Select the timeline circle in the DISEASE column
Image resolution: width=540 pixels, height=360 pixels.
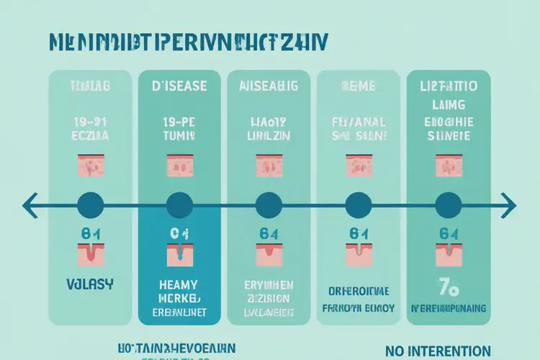(x=180, y=205)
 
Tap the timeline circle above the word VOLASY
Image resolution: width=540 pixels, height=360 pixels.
(x=90, y=205)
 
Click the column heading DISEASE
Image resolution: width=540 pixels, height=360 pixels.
(x=180, y=86)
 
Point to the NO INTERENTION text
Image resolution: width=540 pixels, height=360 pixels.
(x=443, y=351)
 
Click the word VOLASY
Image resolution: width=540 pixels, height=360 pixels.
(x=90, y=284)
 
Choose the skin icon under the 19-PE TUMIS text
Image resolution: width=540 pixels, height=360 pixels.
(x=180, y=166)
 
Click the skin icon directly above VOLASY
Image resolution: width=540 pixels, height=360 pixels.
(x=90, y=253)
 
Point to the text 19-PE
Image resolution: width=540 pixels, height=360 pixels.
(x=180, y=122)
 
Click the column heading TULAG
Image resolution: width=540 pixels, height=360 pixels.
(x=90, y=86)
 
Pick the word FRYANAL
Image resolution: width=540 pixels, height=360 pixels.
(x=358, y=122)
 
